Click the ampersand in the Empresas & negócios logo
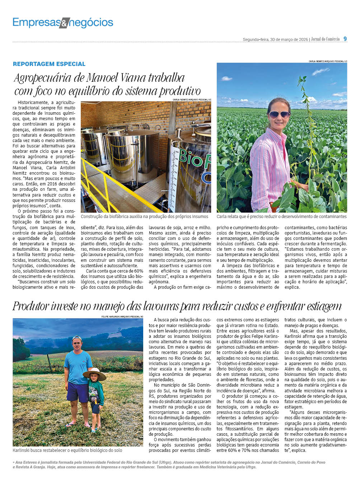tap(64, 23)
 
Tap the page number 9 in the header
tap(345, 39)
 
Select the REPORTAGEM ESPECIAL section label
tap(49, 64)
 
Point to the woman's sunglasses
tap(279, 114)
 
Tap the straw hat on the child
tap(94, 374)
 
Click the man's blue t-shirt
tap(78, 367)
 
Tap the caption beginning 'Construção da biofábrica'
tap(144, 217)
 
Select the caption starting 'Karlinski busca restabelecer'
tap(67, 450)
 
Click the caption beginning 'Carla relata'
tap(281, 217)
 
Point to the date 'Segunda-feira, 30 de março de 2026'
tap(275, 39)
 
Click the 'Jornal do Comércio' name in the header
tap(325, 39)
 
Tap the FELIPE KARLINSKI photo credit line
tap(122, 317)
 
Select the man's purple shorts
tap(77, 392)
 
